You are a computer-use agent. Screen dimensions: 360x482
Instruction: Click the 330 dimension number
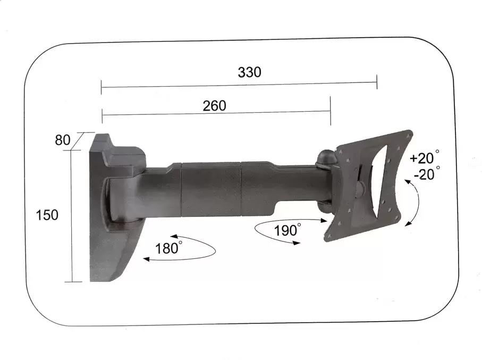(x=249, y=72)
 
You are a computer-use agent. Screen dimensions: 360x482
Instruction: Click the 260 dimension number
(x=214, y=106)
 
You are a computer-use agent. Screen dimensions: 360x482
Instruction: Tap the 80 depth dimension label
(x=63, y=141)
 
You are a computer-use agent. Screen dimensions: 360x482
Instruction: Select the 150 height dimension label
(x=48, y=215)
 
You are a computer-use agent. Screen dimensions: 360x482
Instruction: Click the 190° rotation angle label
(x=287, y=231)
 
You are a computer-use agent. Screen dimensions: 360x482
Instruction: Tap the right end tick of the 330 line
(x=377, y=82)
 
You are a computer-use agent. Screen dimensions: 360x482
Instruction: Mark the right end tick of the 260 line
(x=331, y=111)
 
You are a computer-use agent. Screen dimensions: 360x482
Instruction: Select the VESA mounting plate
(x=372, y=183)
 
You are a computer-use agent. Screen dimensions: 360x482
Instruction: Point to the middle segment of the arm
(x=210, y=189)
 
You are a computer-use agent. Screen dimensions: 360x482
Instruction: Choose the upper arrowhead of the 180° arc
(x=174, y=237)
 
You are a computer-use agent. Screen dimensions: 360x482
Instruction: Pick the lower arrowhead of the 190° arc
(x=296, y=242)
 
